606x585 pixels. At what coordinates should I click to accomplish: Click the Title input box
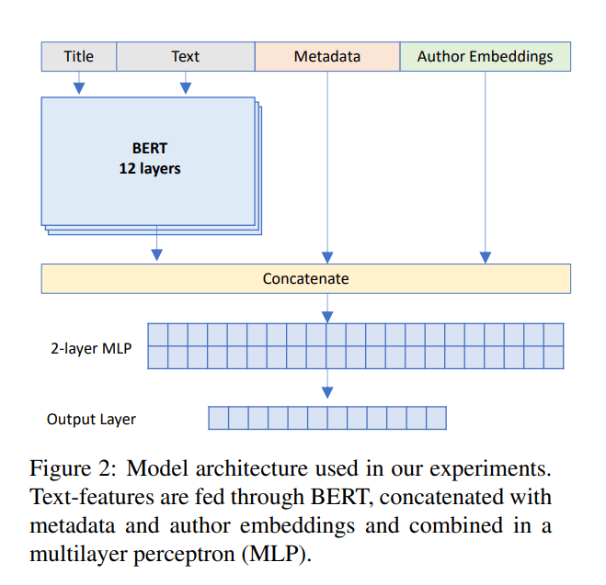[79, 57]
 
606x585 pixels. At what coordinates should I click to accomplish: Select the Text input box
[185, 57]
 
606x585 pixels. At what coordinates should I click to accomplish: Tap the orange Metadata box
[326, 57]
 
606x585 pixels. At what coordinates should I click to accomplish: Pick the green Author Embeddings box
[485, 57]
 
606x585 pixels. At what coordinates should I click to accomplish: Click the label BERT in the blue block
[150, 148]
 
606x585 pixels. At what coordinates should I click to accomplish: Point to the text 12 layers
[150, 168]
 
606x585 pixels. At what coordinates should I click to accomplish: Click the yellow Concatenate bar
[305, 278]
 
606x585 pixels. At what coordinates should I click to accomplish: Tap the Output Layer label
[91, 420]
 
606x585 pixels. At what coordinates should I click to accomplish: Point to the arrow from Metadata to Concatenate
[327, 165]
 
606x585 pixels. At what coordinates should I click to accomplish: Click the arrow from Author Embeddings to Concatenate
[486, 165]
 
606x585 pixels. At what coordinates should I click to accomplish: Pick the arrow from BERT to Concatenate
[157, 246]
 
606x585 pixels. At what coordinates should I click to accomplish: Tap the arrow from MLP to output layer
[327, 385]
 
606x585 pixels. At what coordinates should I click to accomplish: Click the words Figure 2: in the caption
[72, 469]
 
